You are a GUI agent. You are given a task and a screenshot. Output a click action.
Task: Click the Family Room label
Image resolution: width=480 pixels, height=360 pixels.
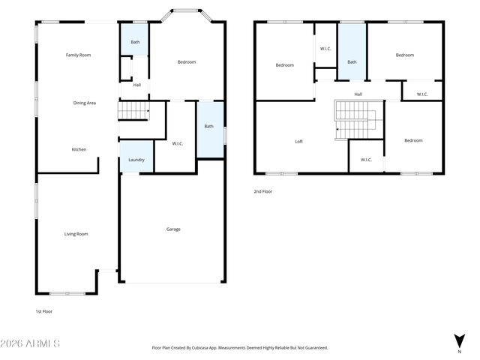(78, 55)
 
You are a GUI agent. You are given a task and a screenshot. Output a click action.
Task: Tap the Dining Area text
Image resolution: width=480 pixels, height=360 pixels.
(84, 103)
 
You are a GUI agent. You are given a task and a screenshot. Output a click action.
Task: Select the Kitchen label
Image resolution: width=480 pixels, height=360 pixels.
(79, 149)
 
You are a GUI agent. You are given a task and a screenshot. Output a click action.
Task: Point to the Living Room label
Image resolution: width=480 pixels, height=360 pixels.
(76, 234)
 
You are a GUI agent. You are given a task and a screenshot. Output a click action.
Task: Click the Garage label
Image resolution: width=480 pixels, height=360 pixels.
(172, 229)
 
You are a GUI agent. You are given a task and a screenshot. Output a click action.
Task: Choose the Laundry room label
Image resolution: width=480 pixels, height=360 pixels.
(136, 160)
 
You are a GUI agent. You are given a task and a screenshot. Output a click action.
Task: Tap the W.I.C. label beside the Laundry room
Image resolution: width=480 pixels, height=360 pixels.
(178, 144)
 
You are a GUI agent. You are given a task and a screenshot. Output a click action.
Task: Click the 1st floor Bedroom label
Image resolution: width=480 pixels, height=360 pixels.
(186, 62)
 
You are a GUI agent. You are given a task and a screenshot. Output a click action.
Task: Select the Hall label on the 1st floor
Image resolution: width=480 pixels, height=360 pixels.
(136, 85)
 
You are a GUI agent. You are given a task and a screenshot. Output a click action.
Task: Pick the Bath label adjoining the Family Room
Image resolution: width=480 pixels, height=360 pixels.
(135, 42)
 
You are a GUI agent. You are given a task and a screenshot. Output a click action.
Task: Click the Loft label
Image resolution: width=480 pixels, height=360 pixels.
(298, 141)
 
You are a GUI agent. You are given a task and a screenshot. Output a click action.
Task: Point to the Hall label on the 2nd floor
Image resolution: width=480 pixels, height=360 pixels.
(358, 94)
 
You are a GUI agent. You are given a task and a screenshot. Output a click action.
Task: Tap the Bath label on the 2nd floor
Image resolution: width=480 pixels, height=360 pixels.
(351, 62)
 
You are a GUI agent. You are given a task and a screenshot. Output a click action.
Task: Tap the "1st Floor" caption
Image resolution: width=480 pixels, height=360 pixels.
(44, 311)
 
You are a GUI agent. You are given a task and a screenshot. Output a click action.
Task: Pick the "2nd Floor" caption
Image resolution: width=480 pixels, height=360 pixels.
(263, 192)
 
